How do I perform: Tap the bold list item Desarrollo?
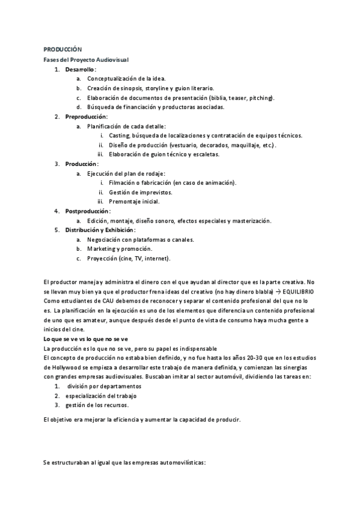click(x=80, y=69)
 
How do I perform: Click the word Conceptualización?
click(x=112, y=79)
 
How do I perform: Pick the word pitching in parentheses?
click(x=260, y=97)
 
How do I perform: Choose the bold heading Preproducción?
click(x=86, y=116)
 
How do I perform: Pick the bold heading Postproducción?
click(x=87, y=211)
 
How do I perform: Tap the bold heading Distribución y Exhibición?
click(x=100, y=230)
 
